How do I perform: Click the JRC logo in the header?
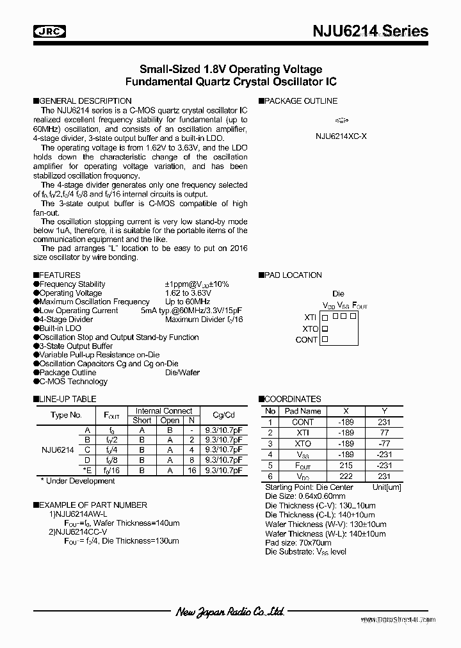[45, 31]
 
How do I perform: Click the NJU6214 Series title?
[371, 31]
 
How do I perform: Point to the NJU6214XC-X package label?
[341, 136]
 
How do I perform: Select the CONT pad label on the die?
[307, 339]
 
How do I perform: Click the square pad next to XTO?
[325, 328]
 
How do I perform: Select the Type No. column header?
[67, 415]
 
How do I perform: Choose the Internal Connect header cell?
[164, 411]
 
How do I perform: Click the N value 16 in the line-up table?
[191, 470]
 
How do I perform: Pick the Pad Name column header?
[303, 411]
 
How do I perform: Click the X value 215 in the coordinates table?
[346, 466]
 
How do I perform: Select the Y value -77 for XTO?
[384, 444]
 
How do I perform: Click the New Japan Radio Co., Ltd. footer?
[230, 612]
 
